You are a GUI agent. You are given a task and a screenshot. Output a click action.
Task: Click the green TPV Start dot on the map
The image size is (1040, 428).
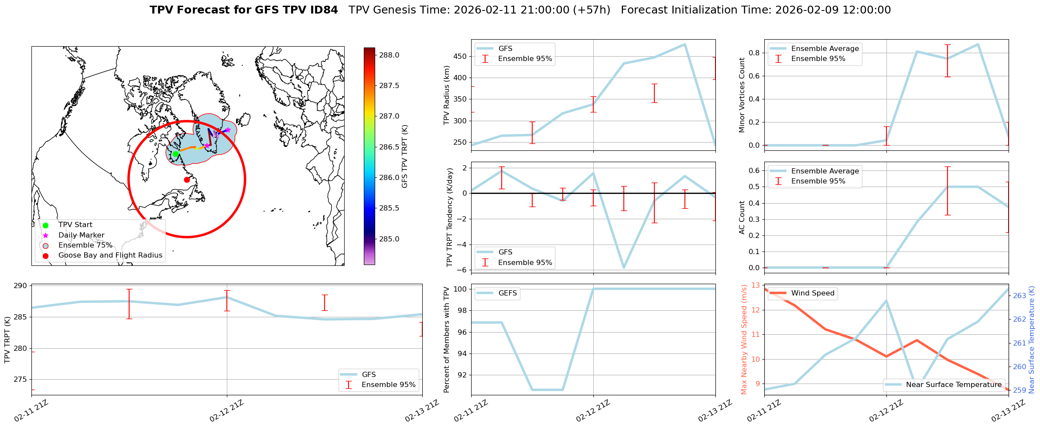coord(175,154)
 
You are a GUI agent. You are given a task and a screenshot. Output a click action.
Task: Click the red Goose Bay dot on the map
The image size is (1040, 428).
coord(187,180)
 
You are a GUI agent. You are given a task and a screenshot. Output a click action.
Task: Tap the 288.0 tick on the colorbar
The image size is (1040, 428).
coord(389,55)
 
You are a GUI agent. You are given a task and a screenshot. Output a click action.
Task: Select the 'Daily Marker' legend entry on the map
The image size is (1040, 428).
coord(81,235)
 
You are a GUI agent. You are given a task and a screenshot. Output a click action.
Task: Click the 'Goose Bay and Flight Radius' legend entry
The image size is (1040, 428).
coord(110,255)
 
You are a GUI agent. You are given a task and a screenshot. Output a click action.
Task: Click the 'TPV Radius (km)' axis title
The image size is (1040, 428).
coord(447,95)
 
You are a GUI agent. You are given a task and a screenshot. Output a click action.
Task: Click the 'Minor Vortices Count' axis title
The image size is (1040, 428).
coord(742,95)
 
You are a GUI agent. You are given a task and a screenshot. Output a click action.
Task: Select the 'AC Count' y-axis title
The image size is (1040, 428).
coord(742,217)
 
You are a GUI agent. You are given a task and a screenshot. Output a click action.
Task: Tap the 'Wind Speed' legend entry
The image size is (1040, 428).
coord(812,293)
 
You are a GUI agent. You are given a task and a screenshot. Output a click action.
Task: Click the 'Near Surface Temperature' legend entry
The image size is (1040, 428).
coord(953,384)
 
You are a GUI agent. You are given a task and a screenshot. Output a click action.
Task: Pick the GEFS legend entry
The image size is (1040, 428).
coord(507,293)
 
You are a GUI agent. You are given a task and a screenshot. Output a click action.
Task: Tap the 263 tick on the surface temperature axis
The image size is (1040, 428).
coord(1019,296)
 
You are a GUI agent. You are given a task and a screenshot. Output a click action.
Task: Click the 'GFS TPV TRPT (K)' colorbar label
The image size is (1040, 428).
coord(405,156)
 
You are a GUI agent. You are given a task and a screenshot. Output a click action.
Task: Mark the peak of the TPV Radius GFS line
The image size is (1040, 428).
coord(685,44)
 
